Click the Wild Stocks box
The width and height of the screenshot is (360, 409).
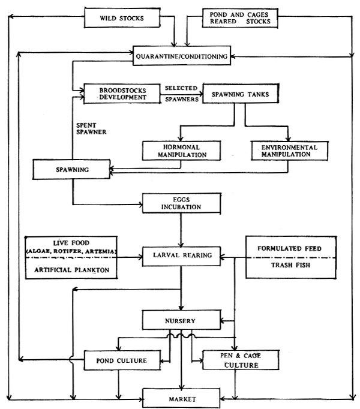(122, 18)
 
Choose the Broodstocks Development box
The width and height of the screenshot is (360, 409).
(122, 92)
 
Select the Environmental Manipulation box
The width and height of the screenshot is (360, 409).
(288, 150)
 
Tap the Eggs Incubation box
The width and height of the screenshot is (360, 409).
(180, 203)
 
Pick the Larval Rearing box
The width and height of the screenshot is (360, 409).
(180, 255)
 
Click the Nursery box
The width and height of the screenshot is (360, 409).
(180, 321)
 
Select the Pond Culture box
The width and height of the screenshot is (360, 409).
(122, 360)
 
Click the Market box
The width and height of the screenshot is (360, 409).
(180, 398)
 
